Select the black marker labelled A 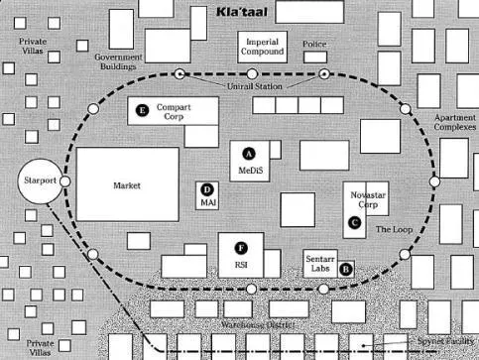point(249,152)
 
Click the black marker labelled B point(345,268)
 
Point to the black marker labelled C point(354,223)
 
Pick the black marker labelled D point(207,188)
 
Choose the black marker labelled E point(143,111)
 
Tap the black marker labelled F point(240,247)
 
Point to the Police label point(314,45)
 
